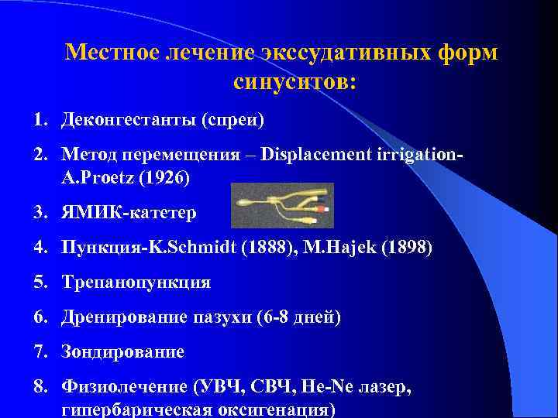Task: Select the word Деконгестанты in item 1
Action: (127, 121)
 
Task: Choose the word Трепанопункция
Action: (136, 282)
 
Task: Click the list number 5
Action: (38, 282)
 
